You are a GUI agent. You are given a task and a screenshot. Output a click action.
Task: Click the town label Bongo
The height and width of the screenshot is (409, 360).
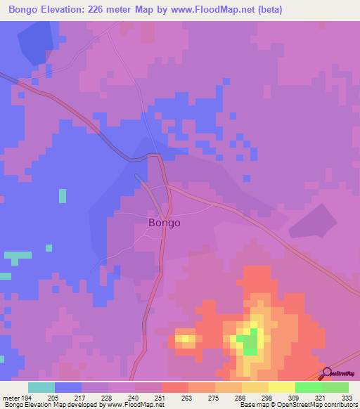(165, 223)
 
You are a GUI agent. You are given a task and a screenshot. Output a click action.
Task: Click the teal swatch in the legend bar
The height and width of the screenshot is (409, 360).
(41, 387)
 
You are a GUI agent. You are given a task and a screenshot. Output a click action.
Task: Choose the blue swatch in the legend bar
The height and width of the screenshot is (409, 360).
(68, 387)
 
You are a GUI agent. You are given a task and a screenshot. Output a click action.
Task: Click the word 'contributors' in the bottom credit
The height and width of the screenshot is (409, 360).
(338, 405)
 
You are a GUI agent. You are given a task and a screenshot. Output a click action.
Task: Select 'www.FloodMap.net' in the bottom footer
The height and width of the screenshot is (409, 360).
(129, 405)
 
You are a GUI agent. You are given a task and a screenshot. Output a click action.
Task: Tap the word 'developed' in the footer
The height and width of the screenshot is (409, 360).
(82, 405)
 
